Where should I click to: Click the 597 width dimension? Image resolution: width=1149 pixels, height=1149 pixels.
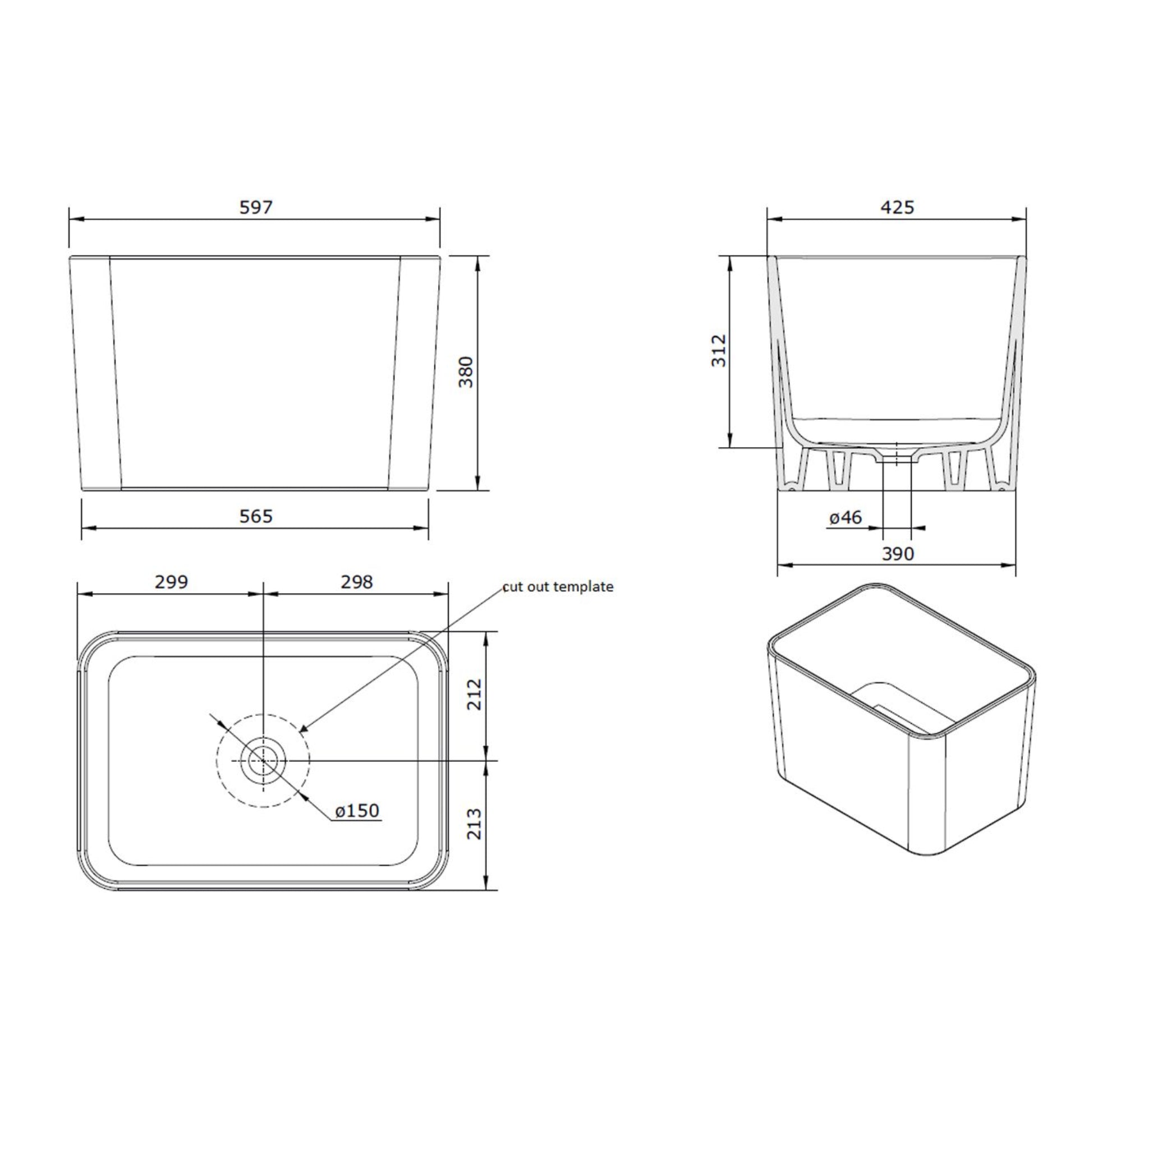point(256,207)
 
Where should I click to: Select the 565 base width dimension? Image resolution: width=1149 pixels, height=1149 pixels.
point(256,516)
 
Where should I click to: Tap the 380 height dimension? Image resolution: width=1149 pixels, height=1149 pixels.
point(466,372)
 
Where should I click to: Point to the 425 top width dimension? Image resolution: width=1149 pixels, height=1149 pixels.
point(897,207)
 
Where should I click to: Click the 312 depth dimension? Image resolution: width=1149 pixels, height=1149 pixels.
point(719,350)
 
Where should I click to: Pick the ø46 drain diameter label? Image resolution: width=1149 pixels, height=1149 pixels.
point(845,517)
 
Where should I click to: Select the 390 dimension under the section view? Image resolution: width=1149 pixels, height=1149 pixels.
point(898,554)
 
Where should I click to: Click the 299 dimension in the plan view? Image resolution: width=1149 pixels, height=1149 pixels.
point(171,582)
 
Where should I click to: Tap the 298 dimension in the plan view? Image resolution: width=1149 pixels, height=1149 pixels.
point(356,582)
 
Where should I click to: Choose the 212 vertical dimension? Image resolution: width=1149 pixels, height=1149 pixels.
point(474,693)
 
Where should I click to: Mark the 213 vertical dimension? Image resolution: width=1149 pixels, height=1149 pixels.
point(474,823)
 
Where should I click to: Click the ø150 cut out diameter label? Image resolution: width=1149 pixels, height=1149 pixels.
point(357,810)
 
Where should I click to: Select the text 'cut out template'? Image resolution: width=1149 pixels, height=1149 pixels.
point(558,586)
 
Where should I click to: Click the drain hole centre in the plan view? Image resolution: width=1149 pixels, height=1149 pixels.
point(264,761)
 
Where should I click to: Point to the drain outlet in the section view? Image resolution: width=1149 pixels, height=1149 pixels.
point(895,458)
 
